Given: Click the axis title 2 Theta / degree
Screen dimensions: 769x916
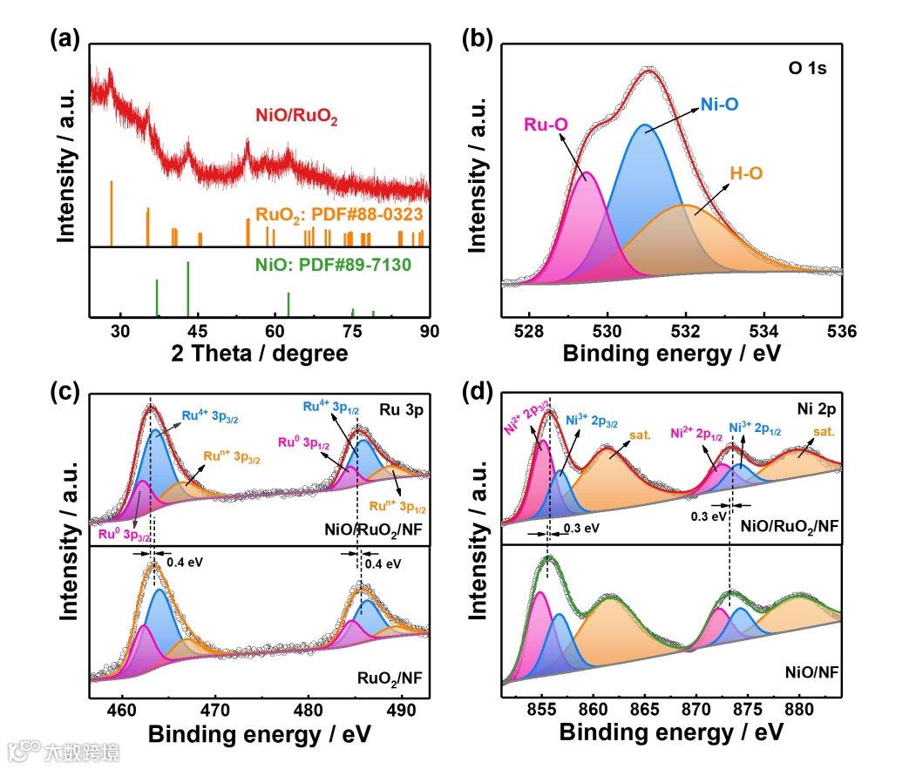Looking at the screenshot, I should [260, 354].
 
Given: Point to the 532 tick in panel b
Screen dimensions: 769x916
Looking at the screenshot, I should [686, 331].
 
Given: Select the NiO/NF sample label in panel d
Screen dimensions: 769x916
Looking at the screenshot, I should [808, 672].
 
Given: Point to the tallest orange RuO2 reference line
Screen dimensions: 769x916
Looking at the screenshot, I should [112, 214].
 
